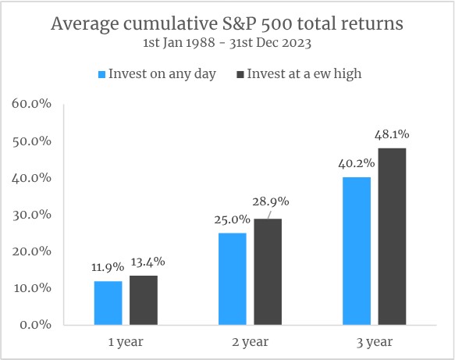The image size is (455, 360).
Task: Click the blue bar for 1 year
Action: [x=108, y=303]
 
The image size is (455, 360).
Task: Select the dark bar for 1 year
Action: [x=144, y=300]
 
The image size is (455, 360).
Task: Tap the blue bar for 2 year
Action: [x=232, y=279]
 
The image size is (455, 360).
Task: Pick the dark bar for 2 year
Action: [x=268, y=272]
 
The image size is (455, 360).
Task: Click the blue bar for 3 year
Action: [x=357, y=251]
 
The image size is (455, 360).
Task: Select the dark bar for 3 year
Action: [x=392, y=237]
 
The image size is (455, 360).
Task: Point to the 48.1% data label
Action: [x=392, y=135]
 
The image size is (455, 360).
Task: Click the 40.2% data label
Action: [x=357, y=164]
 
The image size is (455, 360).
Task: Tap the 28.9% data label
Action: [x=271, y=201]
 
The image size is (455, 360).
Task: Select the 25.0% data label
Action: [x=232, y=219]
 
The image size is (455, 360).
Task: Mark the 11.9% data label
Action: [x=108, y=267]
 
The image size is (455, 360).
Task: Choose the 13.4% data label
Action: [x=148, y=262]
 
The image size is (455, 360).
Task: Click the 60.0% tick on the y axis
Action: [x=32, y=104]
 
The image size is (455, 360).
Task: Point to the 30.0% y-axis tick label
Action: [x=32, y=215]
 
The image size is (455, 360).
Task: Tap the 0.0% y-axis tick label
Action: [x=35, y=325]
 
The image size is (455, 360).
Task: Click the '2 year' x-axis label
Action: [x=251, y=342]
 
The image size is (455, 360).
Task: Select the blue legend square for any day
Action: [x=102, y=75]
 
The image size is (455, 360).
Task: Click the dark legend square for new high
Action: [x=240, y=75]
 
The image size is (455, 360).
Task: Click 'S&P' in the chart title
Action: [x=240, y=23]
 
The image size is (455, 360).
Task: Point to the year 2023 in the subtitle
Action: [x=297, y=43]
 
